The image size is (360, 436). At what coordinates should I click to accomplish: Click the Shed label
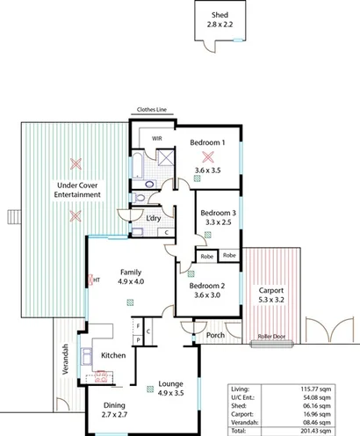pos(220,14)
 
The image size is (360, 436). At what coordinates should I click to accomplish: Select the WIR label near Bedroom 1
pos(156,138)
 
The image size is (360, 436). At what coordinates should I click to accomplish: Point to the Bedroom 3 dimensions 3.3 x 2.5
pos(217,224)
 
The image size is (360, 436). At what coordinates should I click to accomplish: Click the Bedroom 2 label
pos(207,285)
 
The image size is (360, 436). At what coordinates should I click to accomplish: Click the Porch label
pos(215,335)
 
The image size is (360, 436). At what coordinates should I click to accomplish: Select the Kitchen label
pos(114,355)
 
